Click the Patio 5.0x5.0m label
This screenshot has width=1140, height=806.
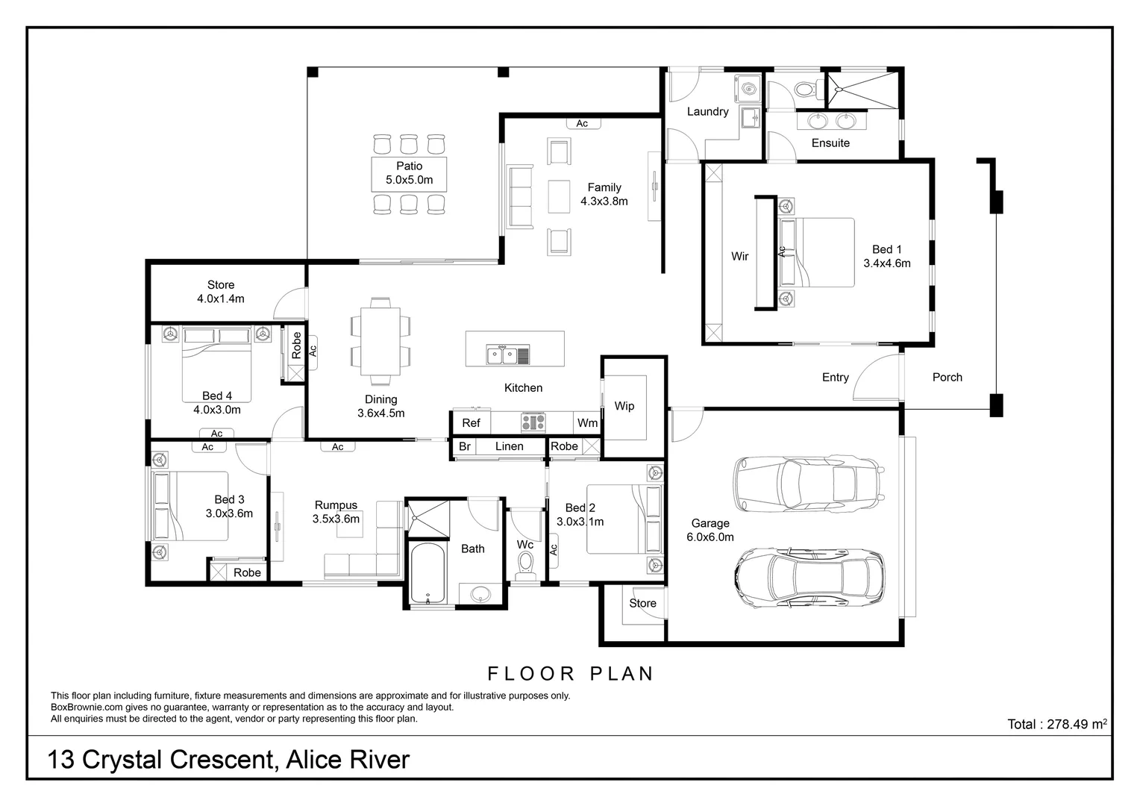tap(409, 173)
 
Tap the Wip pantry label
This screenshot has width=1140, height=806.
tap(624, 406)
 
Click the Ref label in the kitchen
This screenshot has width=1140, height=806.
tap(471, 423)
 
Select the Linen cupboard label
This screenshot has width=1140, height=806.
tap(510, 446)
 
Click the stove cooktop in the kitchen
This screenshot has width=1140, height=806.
tap(533, 423)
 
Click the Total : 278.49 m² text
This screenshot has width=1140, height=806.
tap(1056, 724)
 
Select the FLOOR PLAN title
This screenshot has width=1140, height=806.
tap(571, 674)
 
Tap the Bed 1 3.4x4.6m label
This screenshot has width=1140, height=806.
tap(887, 256)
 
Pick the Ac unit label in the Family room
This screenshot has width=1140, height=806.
tap(582, 124)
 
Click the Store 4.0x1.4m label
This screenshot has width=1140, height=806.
tap(221, 292)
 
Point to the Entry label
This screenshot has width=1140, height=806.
tap(835, 378)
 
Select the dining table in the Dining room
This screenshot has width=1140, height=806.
tap(380, 337)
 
